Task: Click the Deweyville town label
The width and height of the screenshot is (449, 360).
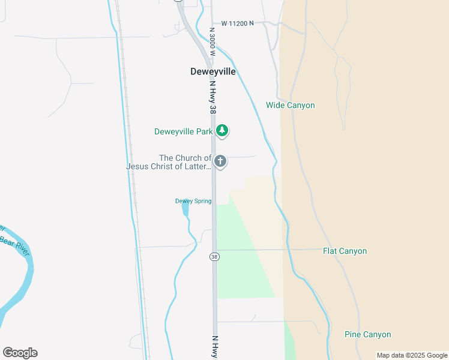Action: coord(213,71)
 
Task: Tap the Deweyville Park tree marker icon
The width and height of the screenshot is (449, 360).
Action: coord(222,131)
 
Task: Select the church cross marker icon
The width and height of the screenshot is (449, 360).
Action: coord(220,161)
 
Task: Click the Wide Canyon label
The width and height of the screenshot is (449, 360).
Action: coord(291,106)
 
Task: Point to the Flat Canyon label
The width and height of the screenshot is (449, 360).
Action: coord(345,251)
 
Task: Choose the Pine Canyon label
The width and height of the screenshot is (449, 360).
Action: coord(367,334)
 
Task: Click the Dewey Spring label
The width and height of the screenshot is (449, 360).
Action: coord(193,201)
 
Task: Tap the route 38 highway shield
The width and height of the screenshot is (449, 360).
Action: coord(214,257)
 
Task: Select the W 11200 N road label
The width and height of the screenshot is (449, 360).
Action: coord(237,23)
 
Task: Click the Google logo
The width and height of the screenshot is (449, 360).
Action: coord(20,353)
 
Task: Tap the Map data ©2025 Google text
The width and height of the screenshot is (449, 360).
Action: coord(412,355)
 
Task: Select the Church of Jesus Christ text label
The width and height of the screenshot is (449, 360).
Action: coord(169,162)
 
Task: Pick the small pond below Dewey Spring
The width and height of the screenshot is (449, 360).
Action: coord(185,209)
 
